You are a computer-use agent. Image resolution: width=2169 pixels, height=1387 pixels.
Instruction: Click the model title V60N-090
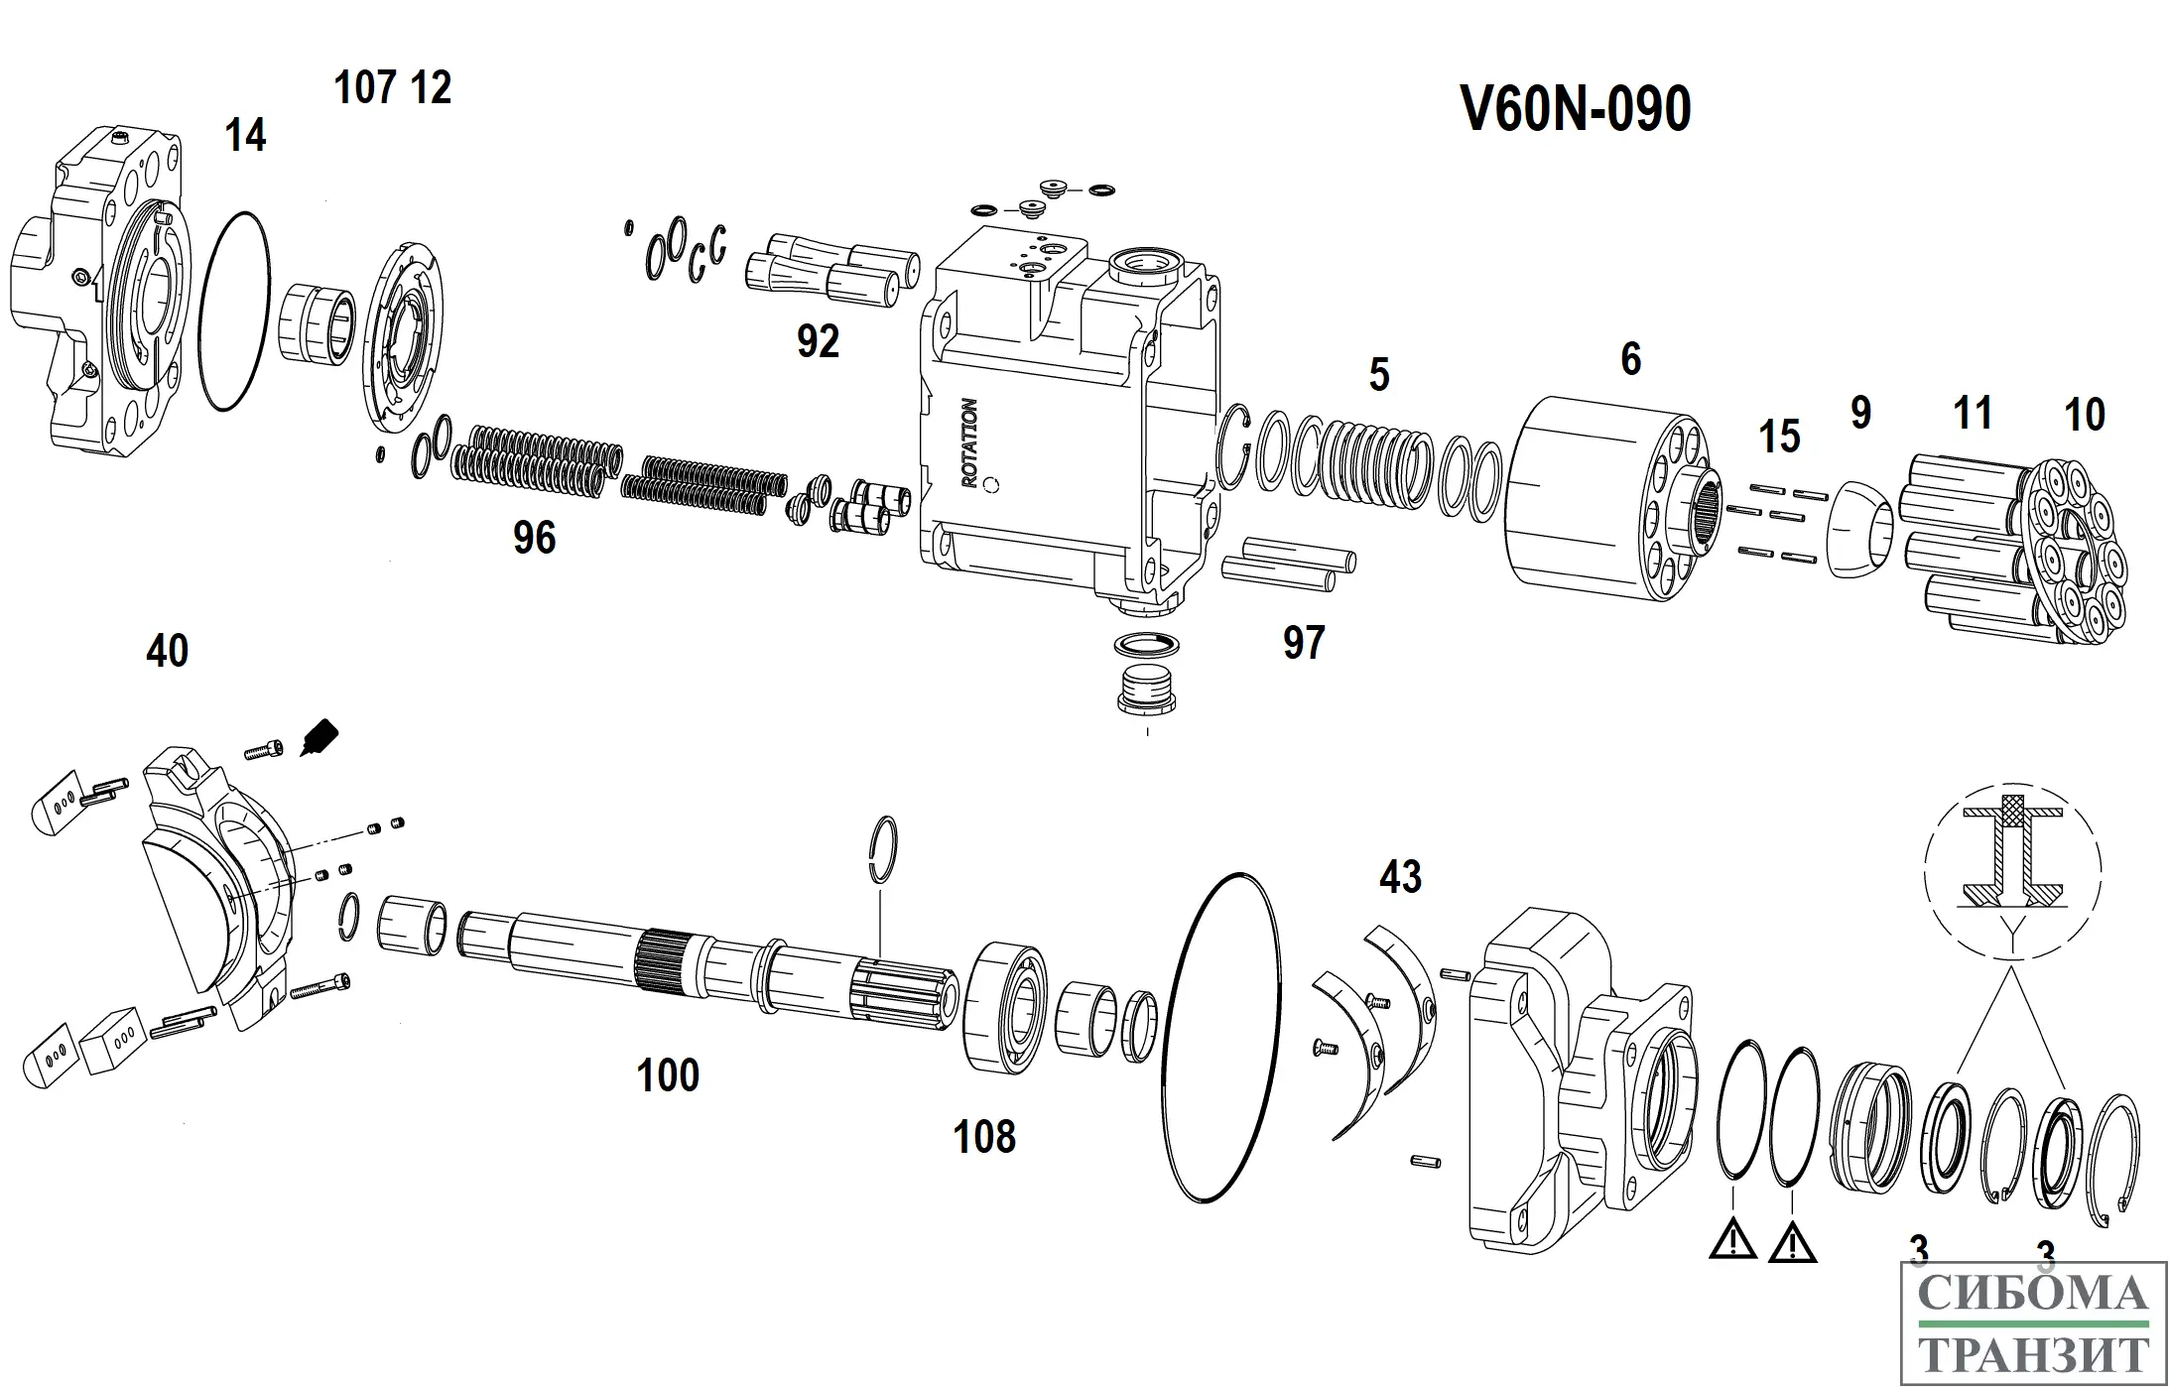(x=1575, y=109)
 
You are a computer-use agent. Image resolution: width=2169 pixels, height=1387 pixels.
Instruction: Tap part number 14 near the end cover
(x=245, y=136)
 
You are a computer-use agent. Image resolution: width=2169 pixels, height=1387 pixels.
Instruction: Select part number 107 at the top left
(x=365, y=88)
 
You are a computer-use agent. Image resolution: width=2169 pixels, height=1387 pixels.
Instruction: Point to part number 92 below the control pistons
(x=818, y=342)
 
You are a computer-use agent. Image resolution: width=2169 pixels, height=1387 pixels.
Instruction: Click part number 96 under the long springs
(x=534, y=539)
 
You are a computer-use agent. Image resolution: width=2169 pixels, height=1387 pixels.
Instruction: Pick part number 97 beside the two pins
(x=1303, y=643)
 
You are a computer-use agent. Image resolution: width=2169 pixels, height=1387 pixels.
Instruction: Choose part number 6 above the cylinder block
(x=1630, y=359)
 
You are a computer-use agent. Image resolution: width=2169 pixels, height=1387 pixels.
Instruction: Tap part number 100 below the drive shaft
(x=668, y=1075)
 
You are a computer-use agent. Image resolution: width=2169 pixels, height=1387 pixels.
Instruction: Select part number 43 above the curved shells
(x=1400, y=877)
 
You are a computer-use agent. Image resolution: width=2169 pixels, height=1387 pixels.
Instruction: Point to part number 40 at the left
(x=167, y=652)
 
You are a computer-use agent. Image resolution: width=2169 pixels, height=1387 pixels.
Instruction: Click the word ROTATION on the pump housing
(x=969, y=442)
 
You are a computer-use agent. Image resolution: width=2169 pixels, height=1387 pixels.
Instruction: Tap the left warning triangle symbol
(x=1732, y=1241)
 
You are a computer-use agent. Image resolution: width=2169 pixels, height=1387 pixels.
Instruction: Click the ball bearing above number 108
(x=1007, y=1009)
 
